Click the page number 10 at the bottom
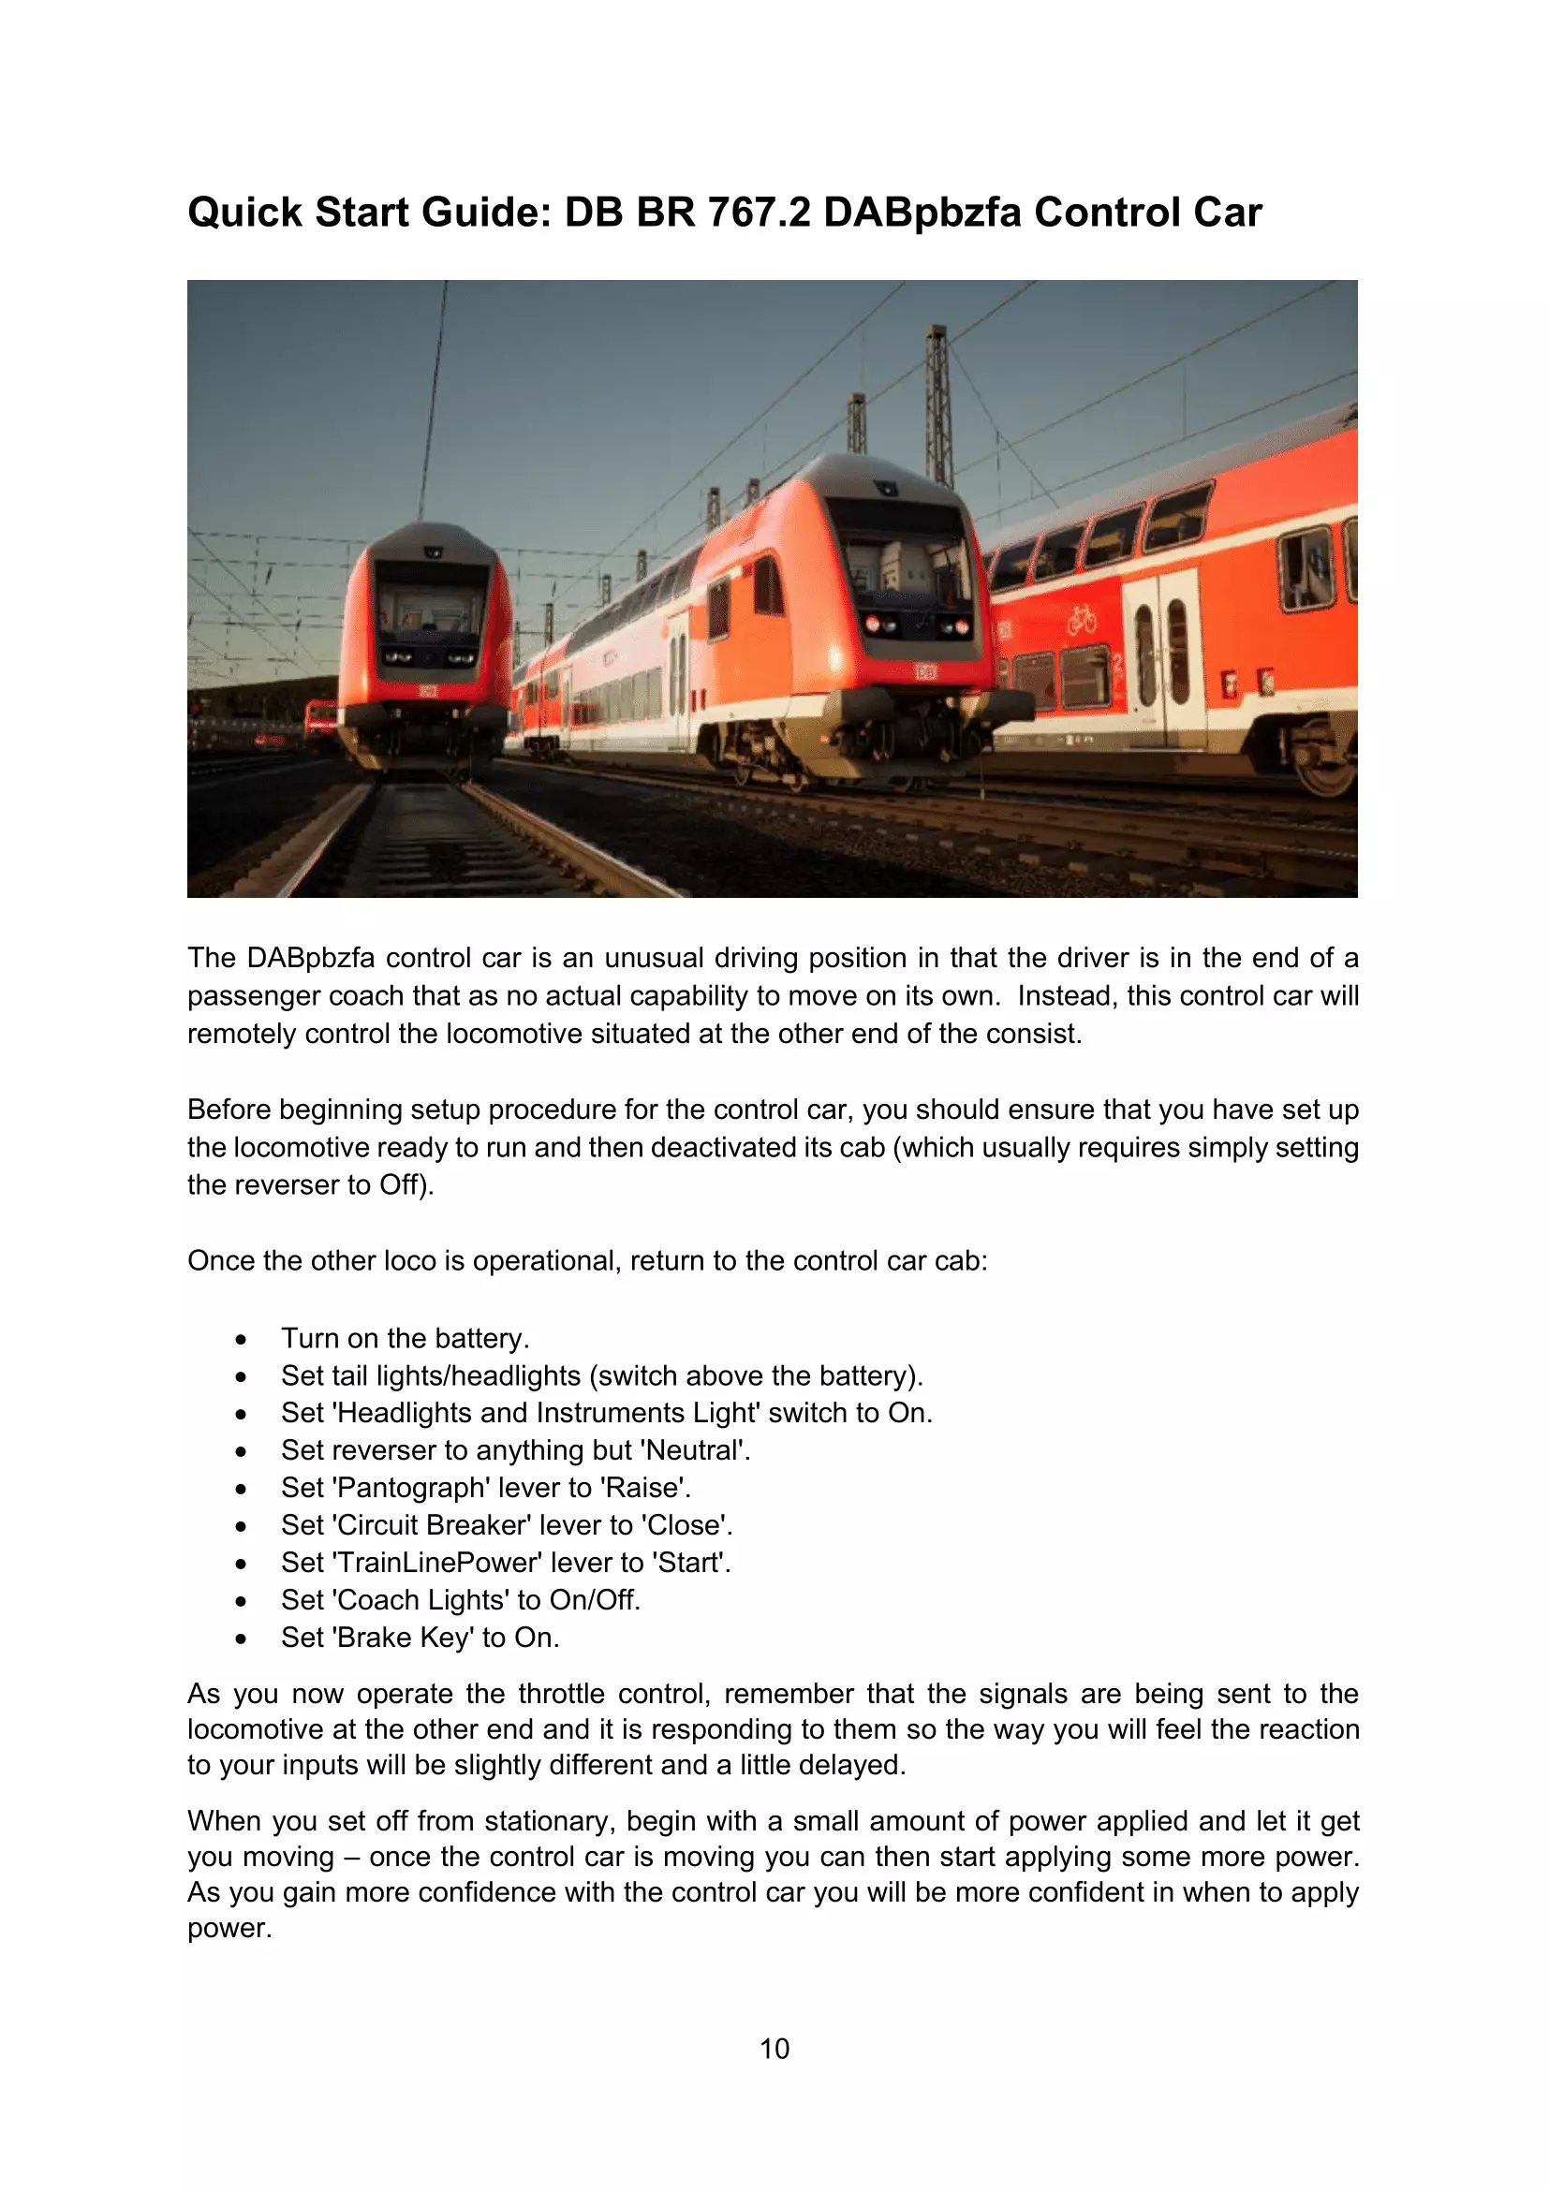click(x=774, y=2049)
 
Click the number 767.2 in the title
click(x=759, y=212)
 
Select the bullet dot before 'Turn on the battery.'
click(x=242, y=1339)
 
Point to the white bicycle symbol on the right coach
click(x=1082, y=621)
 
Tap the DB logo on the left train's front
click(x=427, y=691)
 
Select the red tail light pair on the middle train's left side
click(x=875, y=625)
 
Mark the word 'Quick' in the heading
click(x=244, y=212)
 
